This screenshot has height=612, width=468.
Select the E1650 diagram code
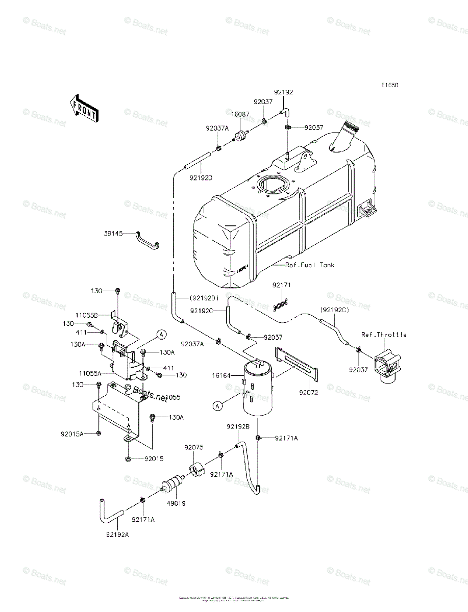click(x=388, y=85)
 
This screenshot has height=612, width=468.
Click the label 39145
click(x=113, y=233)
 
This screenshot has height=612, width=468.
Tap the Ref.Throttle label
click(x=384, y=335)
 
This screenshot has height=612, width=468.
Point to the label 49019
click(x=175, y=503)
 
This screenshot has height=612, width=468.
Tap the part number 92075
click(x=194, y=447)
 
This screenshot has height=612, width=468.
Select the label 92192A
click(x=117, y=534)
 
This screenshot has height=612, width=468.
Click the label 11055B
click(x=102, y=315)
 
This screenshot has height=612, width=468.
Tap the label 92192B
click(x=238, y=426)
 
